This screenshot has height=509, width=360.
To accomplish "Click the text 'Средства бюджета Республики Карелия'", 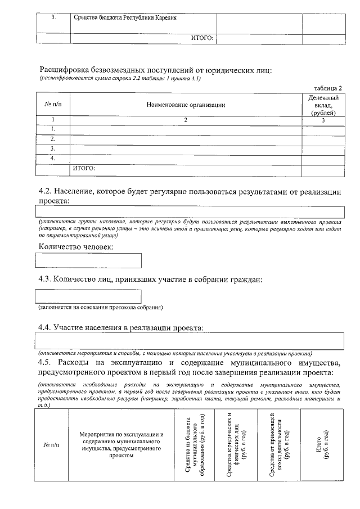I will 125,17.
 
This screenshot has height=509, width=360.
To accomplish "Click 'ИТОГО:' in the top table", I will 202,38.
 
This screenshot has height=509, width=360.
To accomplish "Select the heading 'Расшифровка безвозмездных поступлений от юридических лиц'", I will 155,70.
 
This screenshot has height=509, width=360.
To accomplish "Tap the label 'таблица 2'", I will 328,88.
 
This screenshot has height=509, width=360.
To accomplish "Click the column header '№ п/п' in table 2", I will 53,105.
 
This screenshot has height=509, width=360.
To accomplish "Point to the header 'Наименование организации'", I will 186,105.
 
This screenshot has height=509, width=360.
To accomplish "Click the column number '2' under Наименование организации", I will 185,120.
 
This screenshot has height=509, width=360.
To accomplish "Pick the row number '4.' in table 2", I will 53,158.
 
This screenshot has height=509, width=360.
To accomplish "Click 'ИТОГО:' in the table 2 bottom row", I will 84,168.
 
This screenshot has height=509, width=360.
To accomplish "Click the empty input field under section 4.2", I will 190,211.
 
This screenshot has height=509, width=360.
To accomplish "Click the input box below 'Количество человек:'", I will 88,260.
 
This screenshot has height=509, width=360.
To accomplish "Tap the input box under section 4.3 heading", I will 88,296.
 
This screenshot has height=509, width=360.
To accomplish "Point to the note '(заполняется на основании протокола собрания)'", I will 101,308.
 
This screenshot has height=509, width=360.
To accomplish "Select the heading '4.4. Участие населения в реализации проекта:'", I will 120,327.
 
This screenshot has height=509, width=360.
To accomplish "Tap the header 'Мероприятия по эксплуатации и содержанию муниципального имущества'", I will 121,445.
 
